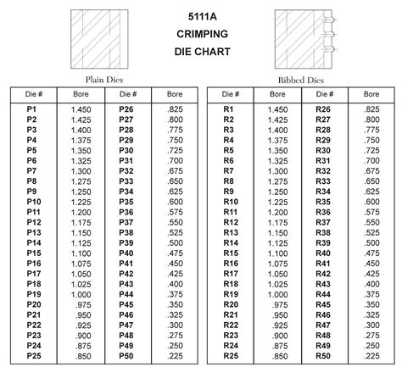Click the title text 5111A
[200, 15]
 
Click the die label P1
[31, 109]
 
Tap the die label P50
[126, 356]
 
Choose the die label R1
[228, 109]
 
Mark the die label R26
[322, 109]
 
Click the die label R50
[322, 356]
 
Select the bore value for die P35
[175, 202]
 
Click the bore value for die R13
[276, 232]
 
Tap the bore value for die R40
[371, 253]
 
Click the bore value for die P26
[175, 109]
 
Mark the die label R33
[322, 181]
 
